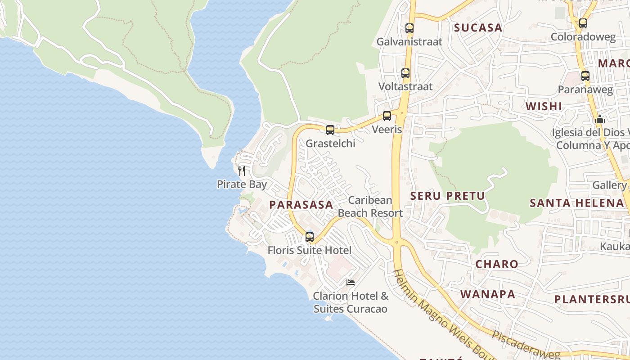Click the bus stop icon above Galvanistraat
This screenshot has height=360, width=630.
point(409,28)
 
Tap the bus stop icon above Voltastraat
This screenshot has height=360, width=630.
point(405,73)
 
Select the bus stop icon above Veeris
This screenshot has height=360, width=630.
point(387,116)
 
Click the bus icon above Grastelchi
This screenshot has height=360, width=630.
point(330,130)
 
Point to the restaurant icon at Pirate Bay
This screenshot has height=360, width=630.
point(242,171)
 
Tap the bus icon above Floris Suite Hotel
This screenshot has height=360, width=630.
point(310,237)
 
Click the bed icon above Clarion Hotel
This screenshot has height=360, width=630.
point(351,283)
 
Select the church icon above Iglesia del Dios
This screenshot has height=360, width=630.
point(599,119)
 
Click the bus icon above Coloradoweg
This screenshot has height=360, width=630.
point(583,23)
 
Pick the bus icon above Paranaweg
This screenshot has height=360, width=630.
point(585,76)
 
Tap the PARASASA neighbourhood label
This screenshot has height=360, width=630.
point(301,205)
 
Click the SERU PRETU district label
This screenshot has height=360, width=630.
point(447,196)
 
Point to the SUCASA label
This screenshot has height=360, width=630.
point(478,28)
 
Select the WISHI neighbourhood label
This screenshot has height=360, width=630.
point(544,107)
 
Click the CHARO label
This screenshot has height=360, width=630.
point(497,264)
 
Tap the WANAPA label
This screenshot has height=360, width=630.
point(487,294)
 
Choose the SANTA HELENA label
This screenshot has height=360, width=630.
point(576,203)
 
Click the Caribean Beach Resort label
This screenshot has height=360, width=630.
point(370,207)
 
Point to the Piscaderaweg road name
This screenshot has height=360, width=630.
point(526,344)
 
